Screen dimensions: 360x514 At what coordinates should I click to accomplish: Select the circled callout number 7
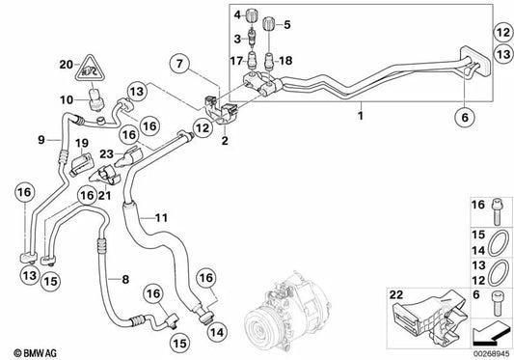pos(180,66)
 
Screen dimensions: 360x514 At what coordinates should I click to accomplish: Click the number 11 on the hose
pos(161,215)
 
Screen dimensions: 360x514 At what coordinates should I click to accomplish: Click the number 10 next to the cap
pos(67,99)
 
